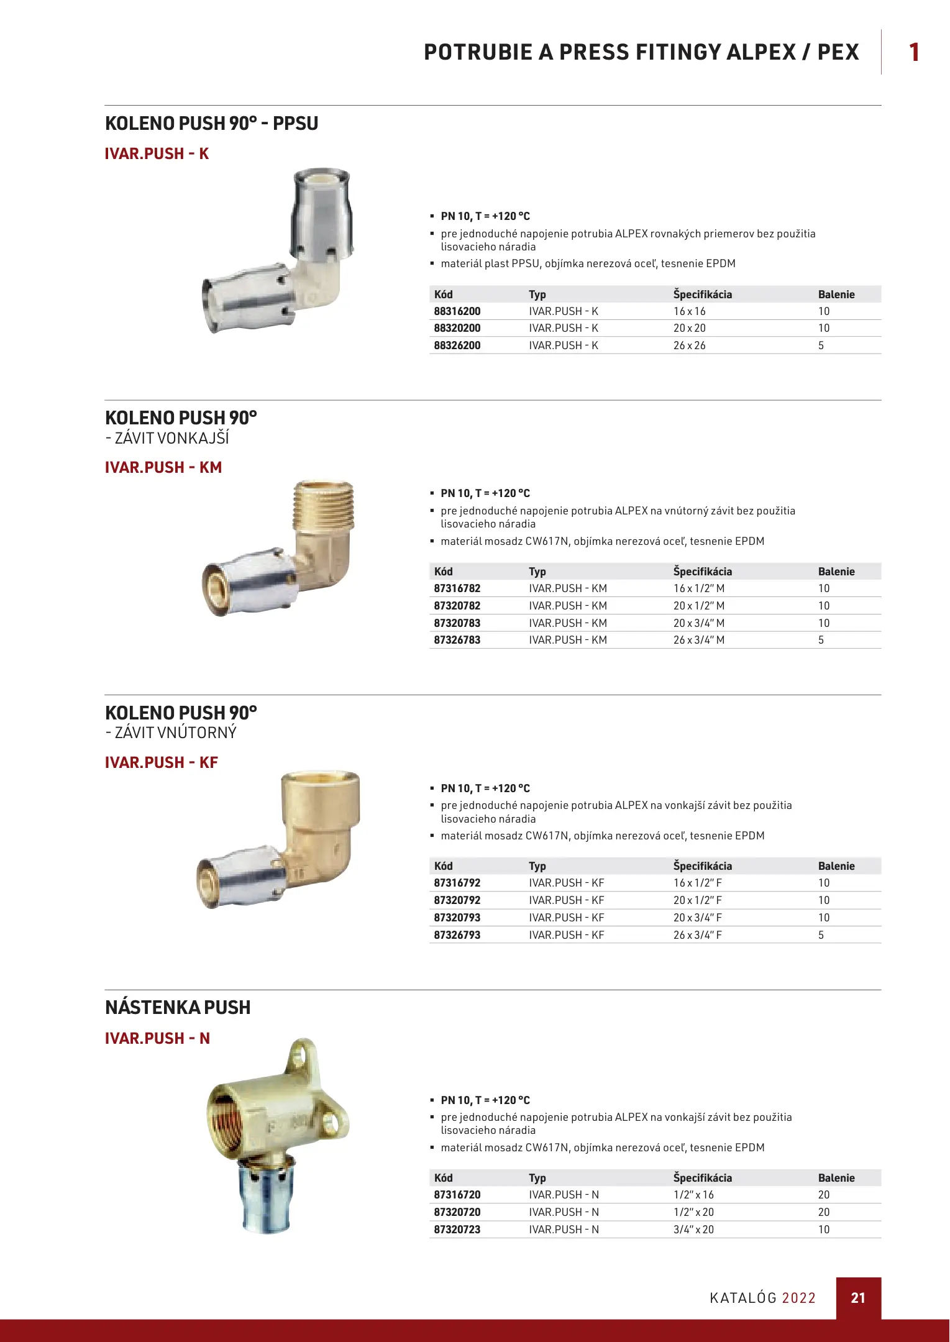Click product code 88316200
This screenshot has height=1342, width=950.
click(457, 311)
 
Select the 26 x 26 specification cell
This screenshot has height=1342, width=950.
click(689, 345)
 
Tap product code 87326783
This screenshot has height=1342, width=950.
click(457, 640)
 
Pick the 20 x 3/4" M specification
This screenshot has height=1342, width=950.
click(698, 623)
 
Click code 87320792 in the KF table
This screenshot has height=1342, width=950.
click(457, 900)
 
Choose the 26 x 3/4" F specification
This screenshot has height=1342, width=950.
click(697, 935)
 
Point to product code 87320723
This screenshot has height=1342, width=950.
click(457, 1230)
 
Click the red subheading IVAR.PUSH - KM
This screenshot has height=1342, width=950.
click(163, 468)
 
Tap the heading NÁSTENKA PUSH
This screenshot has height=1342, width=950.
click(178, 1008)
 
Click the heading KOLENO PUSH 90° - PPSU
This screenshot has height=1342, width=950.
click(211, 124)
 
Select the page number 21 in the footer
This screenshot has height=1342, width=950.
click(857, 1298)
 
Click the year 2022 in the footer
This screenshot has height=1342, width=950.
click(798, 1298)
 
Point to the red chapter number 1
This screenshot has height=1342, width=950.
click(913, 52)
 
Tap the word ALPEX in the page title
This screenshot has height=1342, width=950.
click(760, 52)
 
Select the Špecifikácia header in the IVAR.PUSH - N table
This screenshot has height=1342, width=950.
click(702, 1178)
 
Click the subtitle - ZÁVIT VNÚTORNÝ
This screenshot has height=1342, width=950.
click(171, 733)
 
